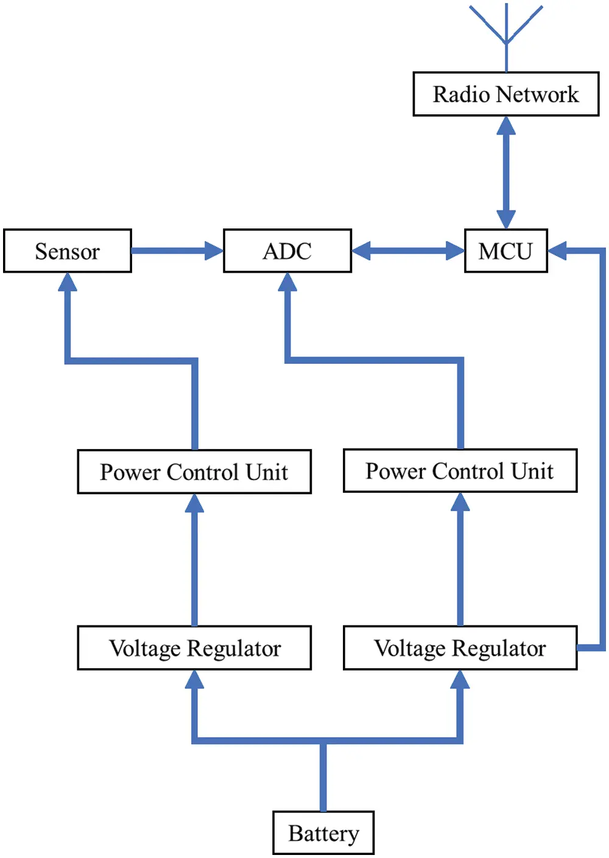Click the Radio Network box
click(x=505, y=94)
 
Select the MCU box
click(x=505, y=251)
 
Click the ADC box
click(x=287, y=251)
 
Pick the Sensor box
click(x=67, y=251)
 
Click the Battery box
click(x=323, y=833)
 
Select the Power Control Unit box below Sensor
click(x=194, y=472)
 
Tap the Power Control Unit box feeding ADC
click(x=460, y=471)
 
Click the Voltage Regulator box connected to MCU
click(x=460, y=648)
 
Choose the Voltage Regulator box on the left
click(x=194, y=648)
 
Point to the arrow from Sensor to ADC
click(x=177, y=251)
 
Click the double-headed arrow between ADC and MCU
click(x=408, y=251)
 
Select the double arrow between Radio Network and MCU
click(x=506, y=172)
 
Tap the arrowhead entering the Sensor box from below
click(x=67, y=282)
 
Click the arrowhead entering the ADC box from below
click(x=287, y=282)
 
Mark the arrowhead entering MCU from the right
click(x=558, y=251)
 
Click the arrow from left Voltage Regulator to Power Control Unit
click(x=194, y=560)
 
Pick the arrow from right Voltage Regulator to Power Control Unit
click(x=460, y=560)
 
